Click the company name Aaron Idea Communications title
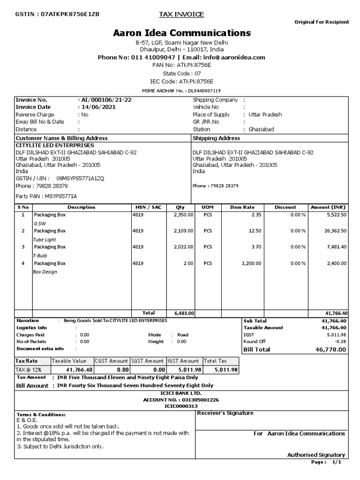coord(182,33)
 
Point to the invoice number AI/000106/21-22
coord(106,100)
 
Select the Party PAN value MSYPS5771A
coord(60,196)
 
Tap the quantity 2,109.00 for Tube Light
coord(183,231)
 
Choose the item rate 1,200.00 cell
coord(251,263)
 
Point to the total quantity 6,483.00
coord(184,313)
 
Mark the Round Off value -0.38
coord(340,341)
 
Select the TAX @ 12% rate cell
coord(29,370)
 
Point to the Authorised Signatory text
coord(316,455)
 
